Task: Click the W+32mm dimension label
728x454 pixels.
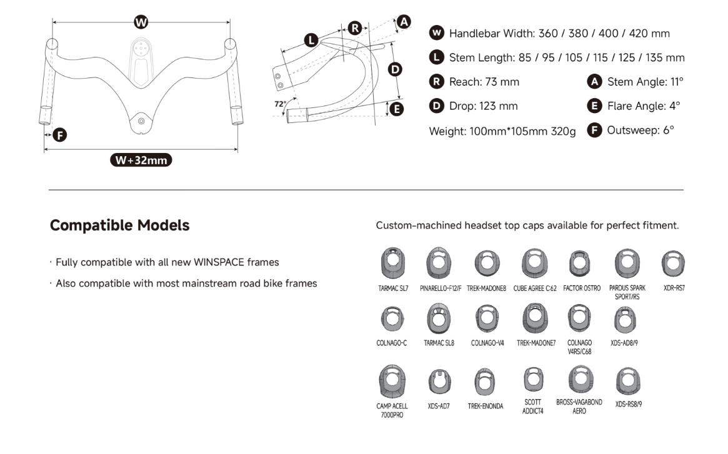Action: [x=141, y=160]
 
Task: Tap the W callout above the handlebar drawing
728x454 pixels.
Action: [x=141, y=22]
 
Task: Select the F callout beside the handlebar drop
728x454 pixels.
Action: [x=60, y=135]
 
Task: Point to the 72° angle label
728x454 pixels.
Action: [x=280, y=104]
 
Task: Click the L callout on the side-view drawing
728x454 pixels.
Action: [x=311, y=41]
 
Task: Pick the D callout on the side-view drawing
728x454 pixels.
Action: [x=395, y=70]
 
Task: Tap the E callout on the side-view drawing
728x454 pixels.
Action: [x=397, y=109]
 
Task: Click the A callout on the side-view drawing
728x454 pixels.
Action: [x=404, y=22]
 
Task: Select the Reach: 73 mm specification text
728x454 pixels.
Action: [x=484, y=82]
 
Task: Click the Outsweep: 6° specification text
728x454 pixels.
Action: [x=641, y=130]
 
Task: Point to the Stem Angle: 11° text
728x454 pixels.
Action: [x=646, y=82]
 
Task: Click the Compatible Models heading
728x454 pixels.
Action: [x=120, y=225]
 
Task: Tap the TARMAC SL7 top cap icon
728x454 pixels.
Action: [x=393, y=263]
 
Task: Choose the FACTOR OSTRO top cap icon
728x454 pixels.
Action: [x=579, y=264]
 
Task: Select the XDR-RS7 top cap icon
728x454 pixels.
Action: [x=673, y=264]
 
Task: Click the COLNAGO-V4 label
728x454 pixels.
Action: [x=487, y=343]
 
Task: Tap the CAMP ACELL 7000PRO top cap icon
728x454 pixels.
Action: [x=392, y=382]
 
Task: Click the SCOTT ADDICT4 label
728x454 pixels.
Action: [x=533, y=407]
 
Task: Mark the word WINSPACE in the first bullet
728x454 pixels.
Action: [x=219, y=262]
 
